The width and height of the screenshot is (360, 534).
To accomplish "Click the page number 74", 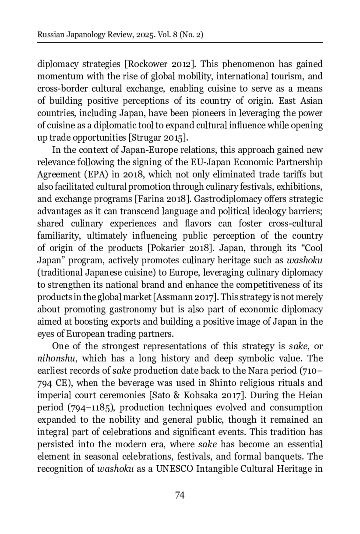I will (x=179, y=495).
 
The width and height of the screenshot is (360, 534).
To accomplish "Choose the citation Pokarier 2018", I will (x=181, y=248).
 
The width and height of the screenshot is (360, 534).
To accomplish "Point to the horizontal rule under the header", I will (x=180, y=43).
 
